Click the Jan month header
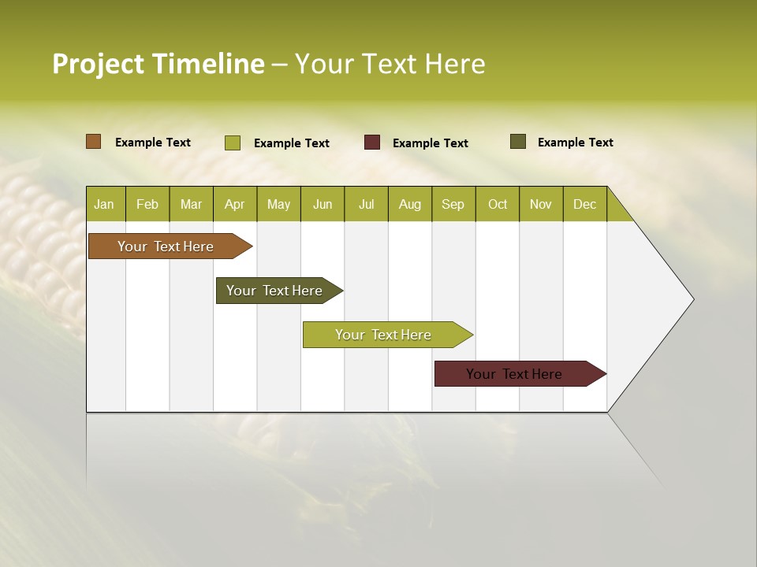pos(104,205)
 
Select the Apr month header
pos(234,205)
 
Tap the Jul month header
pos(366,205)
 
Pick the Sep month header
pos(453,205)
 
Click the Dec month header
pos(584,205)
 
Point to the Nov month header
pos(540,205)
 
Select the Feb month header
pos(147,205)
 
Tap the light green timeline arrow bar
pos(384,335)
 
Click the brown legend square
pos(93,142)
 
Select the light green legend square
pos(232,143)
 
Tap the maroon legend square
pos(372,143)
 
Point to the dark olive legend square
pos(518,142)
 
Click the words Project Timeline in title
pos(158,64)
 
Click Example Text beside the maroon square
pos(430,143)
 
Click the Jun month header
pos(323,205)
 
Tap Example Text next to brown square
pos(152,143)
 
